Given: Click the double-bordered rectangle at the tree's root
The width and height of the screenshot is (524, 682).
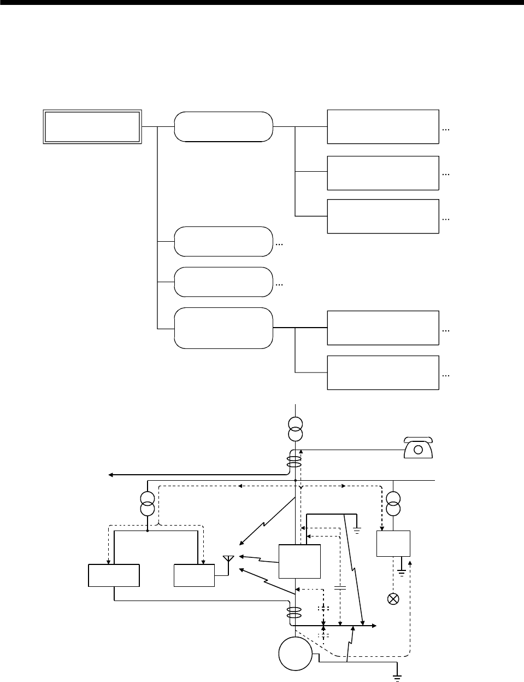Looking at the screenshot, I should [x=92, y=127].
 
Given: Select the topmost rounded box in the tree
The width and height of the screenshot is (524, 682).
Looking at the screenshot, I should [x=223, y=126].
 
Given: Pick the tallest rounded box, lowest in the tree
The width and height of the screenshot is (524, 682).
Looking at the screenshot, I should [x=223, y=328].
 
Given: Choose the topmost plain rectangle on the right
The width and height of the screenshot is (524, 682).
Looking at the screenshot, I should [x=382, y=126].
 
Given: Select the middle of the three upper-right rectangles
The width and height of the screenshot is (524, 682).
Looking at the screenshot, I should [x=382, y=173].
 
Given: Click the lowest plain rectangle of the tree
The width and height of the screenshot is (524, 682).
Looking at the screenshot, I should [x=382, y=372].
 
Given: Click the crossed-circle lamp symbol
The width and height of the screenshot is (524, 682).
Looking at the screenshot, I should [x=392, y=598].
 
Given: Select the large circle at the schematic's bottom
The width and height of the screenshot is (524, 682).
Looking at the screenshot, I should [x=295, y=653].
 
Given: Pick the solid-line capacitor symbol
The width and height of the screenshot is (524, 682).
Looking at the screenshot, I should [x=339, y=588].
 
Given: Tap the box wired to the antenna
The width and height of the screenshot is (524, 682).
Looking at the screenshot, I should [x=194, y=576].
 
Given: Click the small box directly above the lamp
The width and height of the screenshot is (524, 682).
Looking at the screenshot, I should [x=393, y=544].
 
